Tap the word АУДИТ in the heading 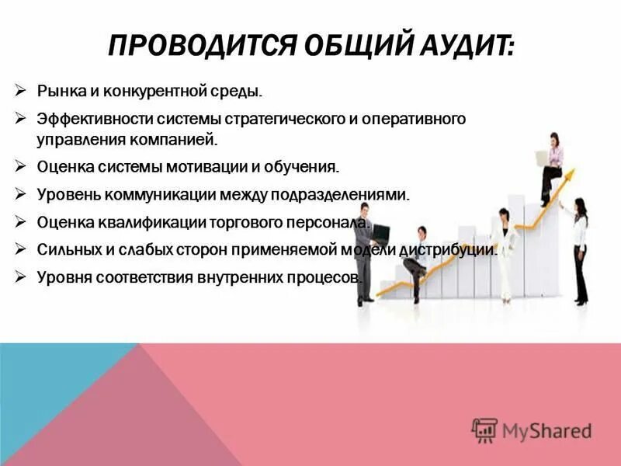(465, 47)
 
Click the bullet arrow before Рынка (22, 91)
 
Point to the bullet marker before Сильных (22, 249)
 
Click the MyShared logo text (546, 429)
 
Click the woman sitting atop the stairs (552, 167)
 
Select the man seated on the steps (416, 260)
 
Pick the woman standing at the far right (578, 249)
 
